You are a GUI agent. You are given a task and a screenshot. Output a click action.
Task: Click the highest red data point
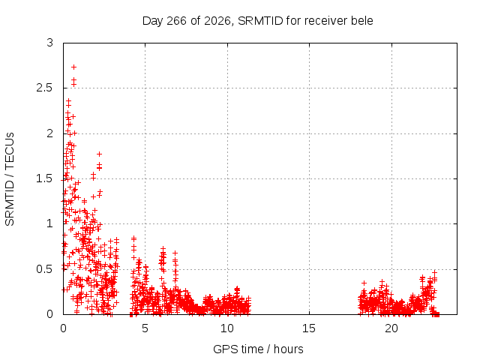(x=73, y=67)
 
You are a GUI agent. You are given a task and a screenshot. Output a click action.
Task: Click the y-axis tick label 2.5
(x=44, y=88)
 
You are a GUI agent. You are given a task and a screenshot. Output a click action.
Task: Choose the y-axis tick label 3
(x=50, y=43)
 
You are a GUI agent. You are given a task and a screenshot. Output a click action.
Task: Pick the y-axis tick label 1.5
(x=44, y=178)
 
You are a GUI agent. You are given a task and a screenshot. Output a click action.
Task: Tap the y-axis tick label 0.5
(x=44, y=269)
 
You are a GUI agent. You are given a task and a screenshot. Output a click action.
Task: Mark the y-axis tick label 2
(x=50, y=133)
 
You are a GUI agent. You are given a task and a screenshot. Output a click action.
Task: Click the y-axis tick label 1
(x=50, y=223)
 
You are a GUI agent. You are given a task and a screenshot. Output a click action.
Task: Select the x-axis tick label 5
(x=145, y=328)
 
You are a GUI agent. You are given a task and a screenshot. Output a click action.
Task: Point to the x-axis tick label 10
(x=227, y=328)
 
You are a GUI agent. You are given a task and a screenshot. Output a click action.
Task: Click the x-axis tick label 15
(x=309, y=328)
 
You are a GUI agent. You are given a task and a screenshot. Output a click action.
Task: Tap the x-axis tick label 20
(x=391, y=328)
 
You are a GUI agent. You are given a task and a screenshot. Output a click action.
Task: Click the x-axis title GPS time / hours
(x=258, y=349)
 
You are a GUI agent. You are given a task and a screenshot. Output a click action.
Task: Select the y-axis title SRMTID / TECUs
(x=10, y=179)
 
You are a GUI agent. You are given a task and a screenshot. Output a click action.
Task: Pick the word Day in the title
(x=153, y=21)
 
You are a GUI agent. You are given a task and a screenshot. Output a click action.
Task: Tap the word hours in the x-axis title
(x=288, y=349)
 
